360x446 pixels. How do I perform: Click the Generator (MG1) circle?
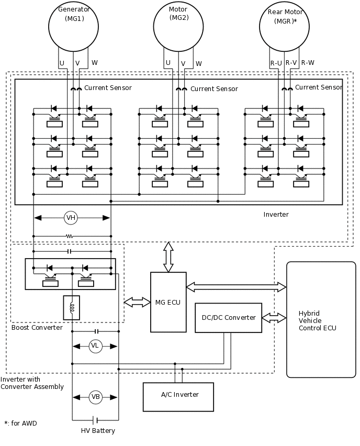74,23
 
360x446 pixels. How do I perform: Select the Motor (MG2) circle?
178,23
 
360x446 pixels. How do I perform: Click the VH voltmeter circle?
71,218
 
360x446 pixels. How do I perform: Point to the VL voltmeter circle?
95,346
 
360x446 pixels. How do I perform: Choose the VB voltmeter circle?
95,397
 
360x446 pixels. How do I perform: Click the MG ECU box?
168,302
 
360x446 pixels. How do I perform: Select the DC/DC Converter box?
229,318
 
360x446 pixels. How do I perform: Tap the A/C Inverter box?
178,396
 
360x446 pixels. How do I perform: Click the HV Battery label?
98,431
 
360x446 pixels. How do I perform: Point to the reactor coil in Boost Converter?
72,308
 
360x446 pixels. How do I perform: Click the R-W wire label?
308,63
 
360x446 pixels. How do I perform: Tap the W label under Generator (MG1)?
95,63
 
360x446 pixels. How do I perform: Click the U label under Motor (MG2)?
168,63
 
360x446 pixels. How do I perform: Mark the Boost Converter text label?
37,328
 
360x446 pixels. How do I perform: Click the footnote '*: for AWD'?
20,423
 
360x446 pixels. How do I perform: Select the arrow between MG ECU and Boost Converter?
137,302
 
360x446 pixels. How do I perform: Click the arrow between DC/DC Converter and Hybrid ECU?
274,318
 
